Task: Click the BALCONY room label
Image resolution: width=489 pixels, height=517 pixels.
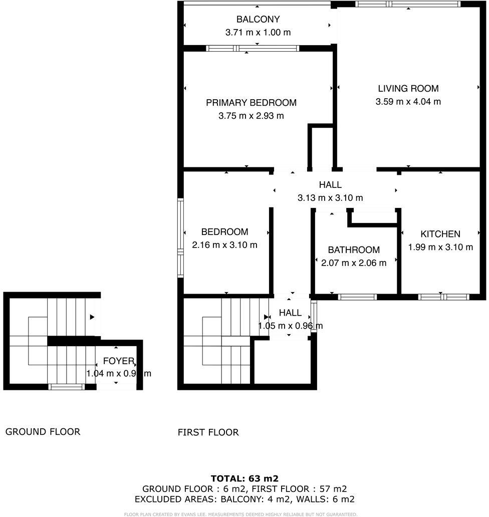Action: pos(258,20)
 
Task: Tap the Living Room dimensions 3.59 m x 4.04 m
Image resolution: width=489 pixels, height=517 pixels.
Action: pos(408,102)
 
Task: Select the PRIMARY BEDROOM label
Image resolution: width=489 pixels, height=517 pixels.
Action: pos(251,103)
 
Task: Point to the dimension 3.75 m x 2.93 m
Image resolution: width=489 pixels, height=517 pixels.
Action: pos(251,116)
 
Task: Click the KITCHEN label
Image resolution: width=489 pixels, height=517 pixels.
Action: pos(440,234)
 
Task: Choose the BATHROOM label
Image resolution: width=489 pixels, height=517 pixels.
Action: pos(354,249)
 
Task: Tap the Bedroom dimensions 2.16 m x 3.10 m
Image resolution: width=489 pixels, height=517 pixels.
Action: pos(224,245)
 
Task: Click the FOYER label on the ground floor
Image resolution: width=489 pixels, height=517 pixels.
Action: pos(118,361)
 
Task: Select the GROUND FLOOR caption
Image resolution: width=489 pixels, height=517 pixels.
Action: pos(43,431)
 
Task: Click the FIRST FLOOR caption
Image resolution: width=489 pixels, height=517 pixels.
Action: pos(208,432)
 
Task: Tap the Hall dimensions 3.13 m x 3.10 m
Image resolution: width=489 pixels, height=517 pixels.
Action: pos(330,198)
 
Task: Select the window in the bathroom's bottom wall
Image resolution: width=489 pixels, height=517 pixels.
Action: pos(357,297)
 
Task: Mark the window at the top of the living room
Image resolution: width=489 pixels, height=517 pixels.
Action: pos(408,5)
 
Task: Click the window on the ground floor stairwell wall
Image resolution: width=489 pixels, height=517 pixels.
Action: pos(66,386)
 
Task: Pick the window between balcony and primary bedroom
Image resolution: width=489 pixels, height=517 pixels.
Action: pos(253,49)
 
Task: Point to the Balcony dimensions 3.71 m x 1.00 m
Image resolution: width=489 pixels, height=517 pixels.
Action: pos(258,33)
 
